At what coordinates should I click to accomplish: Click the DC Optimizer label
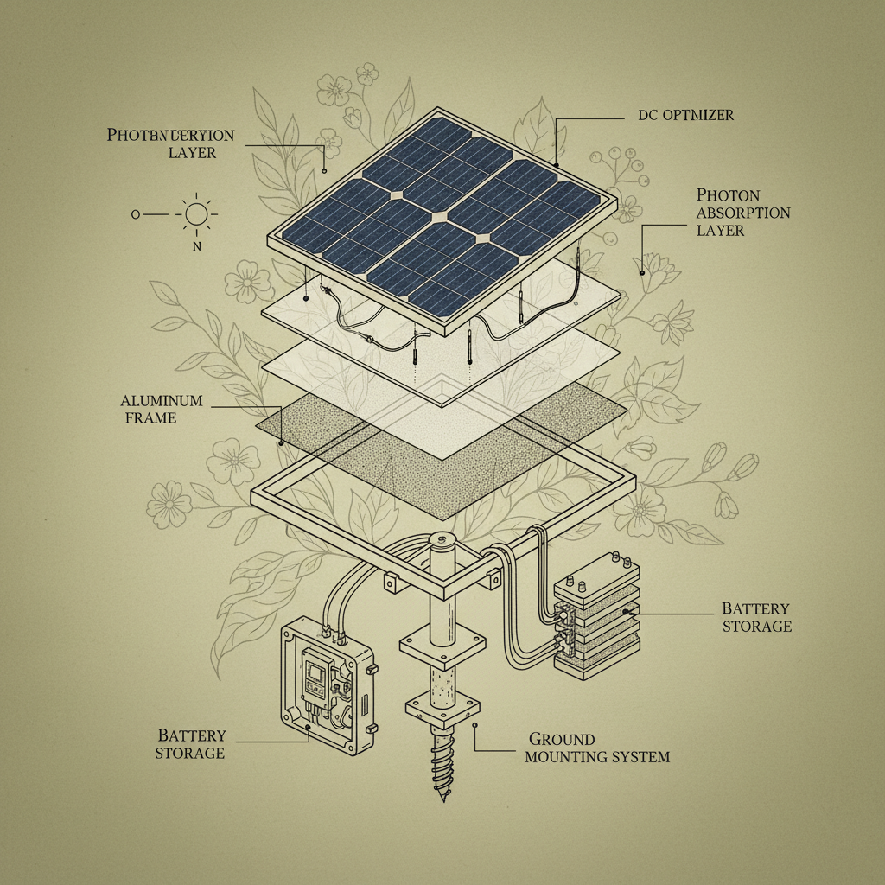pos(678,115)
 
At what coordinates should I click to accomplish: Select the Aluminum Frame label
pos(162,410)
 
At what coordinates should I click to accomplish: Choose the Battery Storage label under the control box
pos(191,744)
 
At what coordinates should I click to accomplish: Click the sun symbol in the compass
pos(196,213)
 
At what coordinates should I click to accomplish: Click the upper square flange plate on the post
pos(441,644)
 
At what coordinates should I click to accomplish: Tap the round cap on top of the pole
pos(442,541)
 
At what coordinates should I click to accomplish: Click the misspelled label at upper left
pos(170,143)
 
